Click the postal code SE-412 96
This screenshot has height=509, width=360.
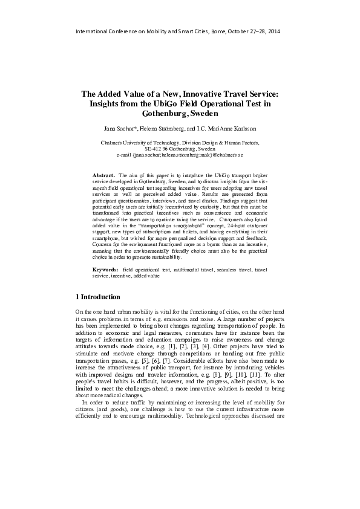[x=160, y=149]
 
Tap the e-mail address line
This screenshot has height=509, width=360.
[x=180, y=155]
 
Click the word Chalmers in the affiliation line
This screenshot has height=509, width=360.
[x=113, y=143]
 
